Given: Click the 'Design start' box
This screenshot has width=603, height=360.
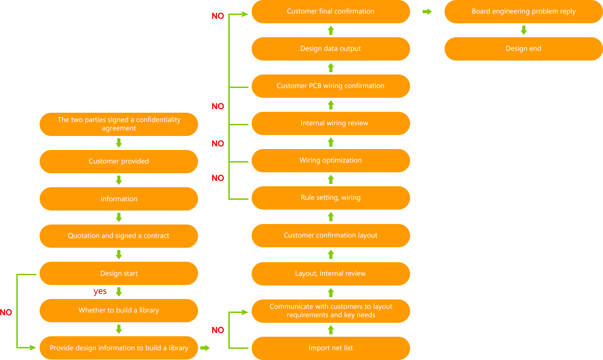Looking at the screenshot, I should tap(119, 273).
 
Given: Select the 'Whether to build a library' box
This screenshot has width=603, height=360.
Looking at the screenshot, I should tap(119, 311).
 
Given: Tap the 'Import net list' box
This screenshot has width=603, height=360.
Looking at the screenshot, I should tap(330, 348).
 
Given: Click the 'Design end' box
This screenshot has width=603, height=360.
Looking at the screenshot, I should tap(523, 48).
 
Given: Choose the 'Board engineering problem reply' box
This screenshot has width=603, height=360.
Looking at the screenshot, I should tap(523, 11).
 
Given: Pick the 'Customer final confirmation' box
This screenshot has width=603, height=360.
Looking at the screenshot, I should tap(330, 11).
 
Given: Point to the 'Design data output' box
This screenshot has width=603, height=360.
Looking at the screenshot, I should tap(330, 48).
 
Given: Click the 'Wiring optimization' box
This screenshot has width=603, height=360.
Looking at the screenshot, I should tap(330, 160).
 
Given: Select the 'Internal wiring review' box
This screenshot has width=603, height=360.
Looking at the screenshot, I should tap(330, 123).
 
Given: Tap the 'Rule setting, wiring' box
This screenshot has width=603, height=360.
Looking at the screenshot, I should tap(330, 197).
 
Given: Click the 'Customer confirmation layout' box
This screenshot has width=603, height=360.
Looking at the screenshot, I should tap(330, 235).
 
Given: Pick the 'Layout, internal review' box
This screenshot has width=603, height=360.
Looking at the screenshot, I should tap(330, 273).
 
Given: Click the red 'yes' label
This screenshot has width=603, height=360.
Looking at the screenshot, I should tap(100, 292).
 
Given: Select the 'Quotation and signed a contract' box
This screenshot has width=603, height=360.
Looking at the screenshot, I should tap(119, 236).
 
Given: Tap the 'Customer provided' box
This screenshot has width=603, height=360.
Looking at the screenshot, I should tap(119, 161).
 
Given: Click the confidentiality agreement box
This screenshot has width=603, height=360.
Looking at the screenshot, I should tap(119, 124).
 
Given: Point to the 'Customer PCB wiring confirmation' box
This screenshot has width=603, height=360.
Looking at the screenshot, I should tap(330, 86).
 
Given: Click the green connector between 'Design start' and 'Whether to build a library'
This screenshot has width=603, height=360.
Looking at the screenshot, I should tap(119, 292).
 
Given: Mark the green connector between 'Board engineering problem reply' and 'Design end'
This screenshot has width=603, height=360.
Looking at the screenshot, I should tap(524, 30).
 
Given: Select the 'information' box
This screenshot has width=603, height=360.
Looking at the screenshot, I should tap(119, 199).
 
